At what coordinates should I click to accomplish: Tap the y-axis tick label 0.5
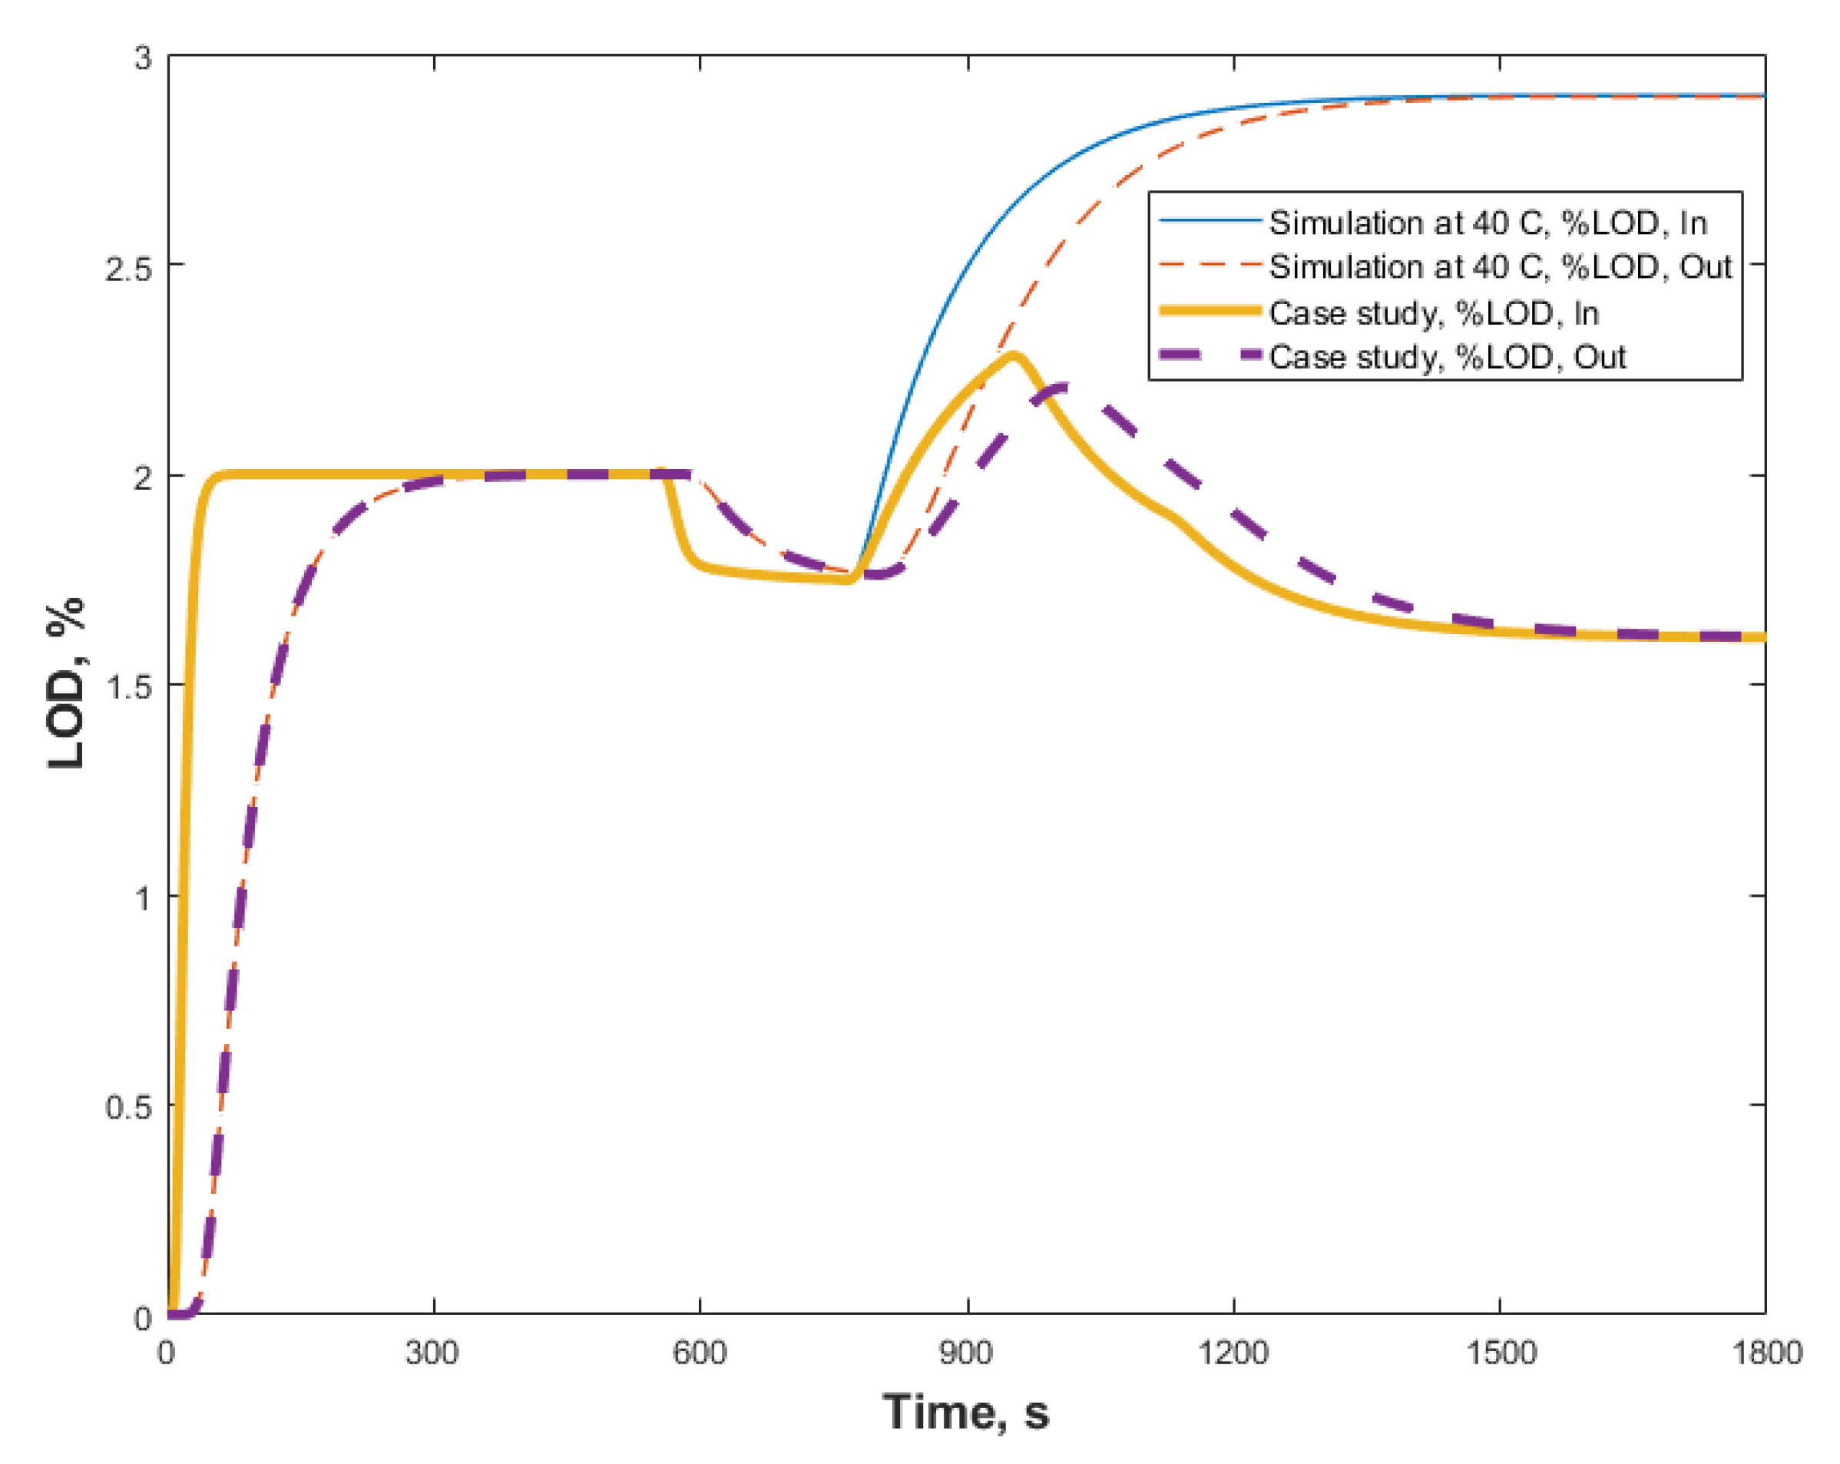(x=128, y=1107)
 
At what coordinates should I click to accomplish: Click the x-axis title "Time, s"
(x=965, y=1412)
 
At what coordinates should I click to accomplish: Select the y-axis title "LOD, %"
(x=67, y=682)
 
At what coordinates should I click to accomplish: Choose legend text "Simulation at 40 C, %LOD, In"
(x=1488, y=223)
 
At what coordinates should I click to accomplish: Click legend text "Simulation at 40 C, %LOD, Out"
(x=1501, y=267)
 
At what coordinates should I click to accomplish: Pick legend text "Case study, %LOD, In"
(x=1434, y=313)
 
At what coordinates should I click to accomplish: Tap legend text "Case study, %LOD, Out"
(x=1448, y=357)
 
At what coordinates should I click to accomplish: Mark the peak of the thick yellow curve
(x=1013, y=355)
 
